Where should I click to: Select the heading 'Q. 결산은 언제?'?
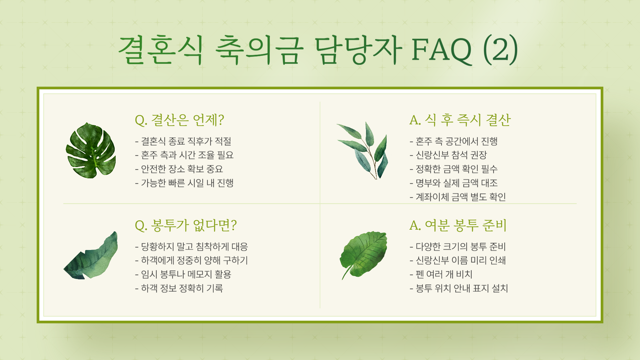tap(179, 120)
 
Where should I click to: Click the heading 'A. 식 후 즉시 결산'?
tap(460, 120)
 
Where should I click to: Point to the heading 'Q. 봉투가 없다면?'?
tap(186, 225)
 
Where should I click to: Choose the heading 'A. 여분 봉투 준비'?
tap(458, 225)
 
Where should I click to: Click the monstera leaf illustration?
tap(91, 150)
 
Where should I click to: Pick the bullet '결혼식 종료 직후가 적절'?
tap(183, 141)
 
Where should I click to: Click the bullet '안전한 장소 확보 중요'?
tap(179, 169)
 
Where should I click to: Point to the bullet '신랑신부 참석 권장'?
tap(448, 155)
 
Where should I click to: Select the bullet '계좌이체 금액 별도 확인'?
tap(458, 197)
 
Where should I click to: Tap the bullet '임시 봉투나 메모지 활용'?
tap(183, 274)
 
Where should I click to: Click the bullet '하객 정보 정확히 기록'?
tap(179, 288)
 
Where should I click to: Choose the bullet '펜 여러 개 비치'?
tap(441, 274)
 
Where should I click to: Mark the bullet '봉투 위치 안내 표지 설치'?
tap(459, 288)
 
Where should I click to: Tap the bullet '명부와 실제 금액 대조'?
tap(454, 183)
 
